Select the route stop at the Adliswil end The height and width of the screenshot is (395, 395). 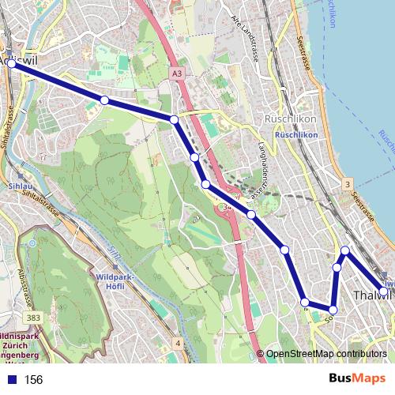tap(11, 66)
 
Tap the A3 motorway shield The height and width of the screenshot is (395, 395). tap(175, 73)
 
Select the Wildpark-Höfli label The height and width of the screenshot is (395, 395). tap(116, 283)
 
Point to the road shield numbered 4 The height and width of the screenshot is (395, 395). tap(179, 343)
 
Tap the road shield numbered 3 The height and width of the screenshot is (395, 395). tap(347, 184)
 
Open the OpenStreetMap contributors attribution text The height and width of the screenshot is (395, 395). tap(326, 354)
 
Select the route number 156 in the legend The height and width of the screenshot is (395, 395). tap(34, 380)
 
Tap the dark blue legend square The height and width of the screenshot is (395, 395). tap(10, 380)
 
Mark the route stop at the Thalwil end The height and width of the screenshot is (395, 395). tap(383, 292)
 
